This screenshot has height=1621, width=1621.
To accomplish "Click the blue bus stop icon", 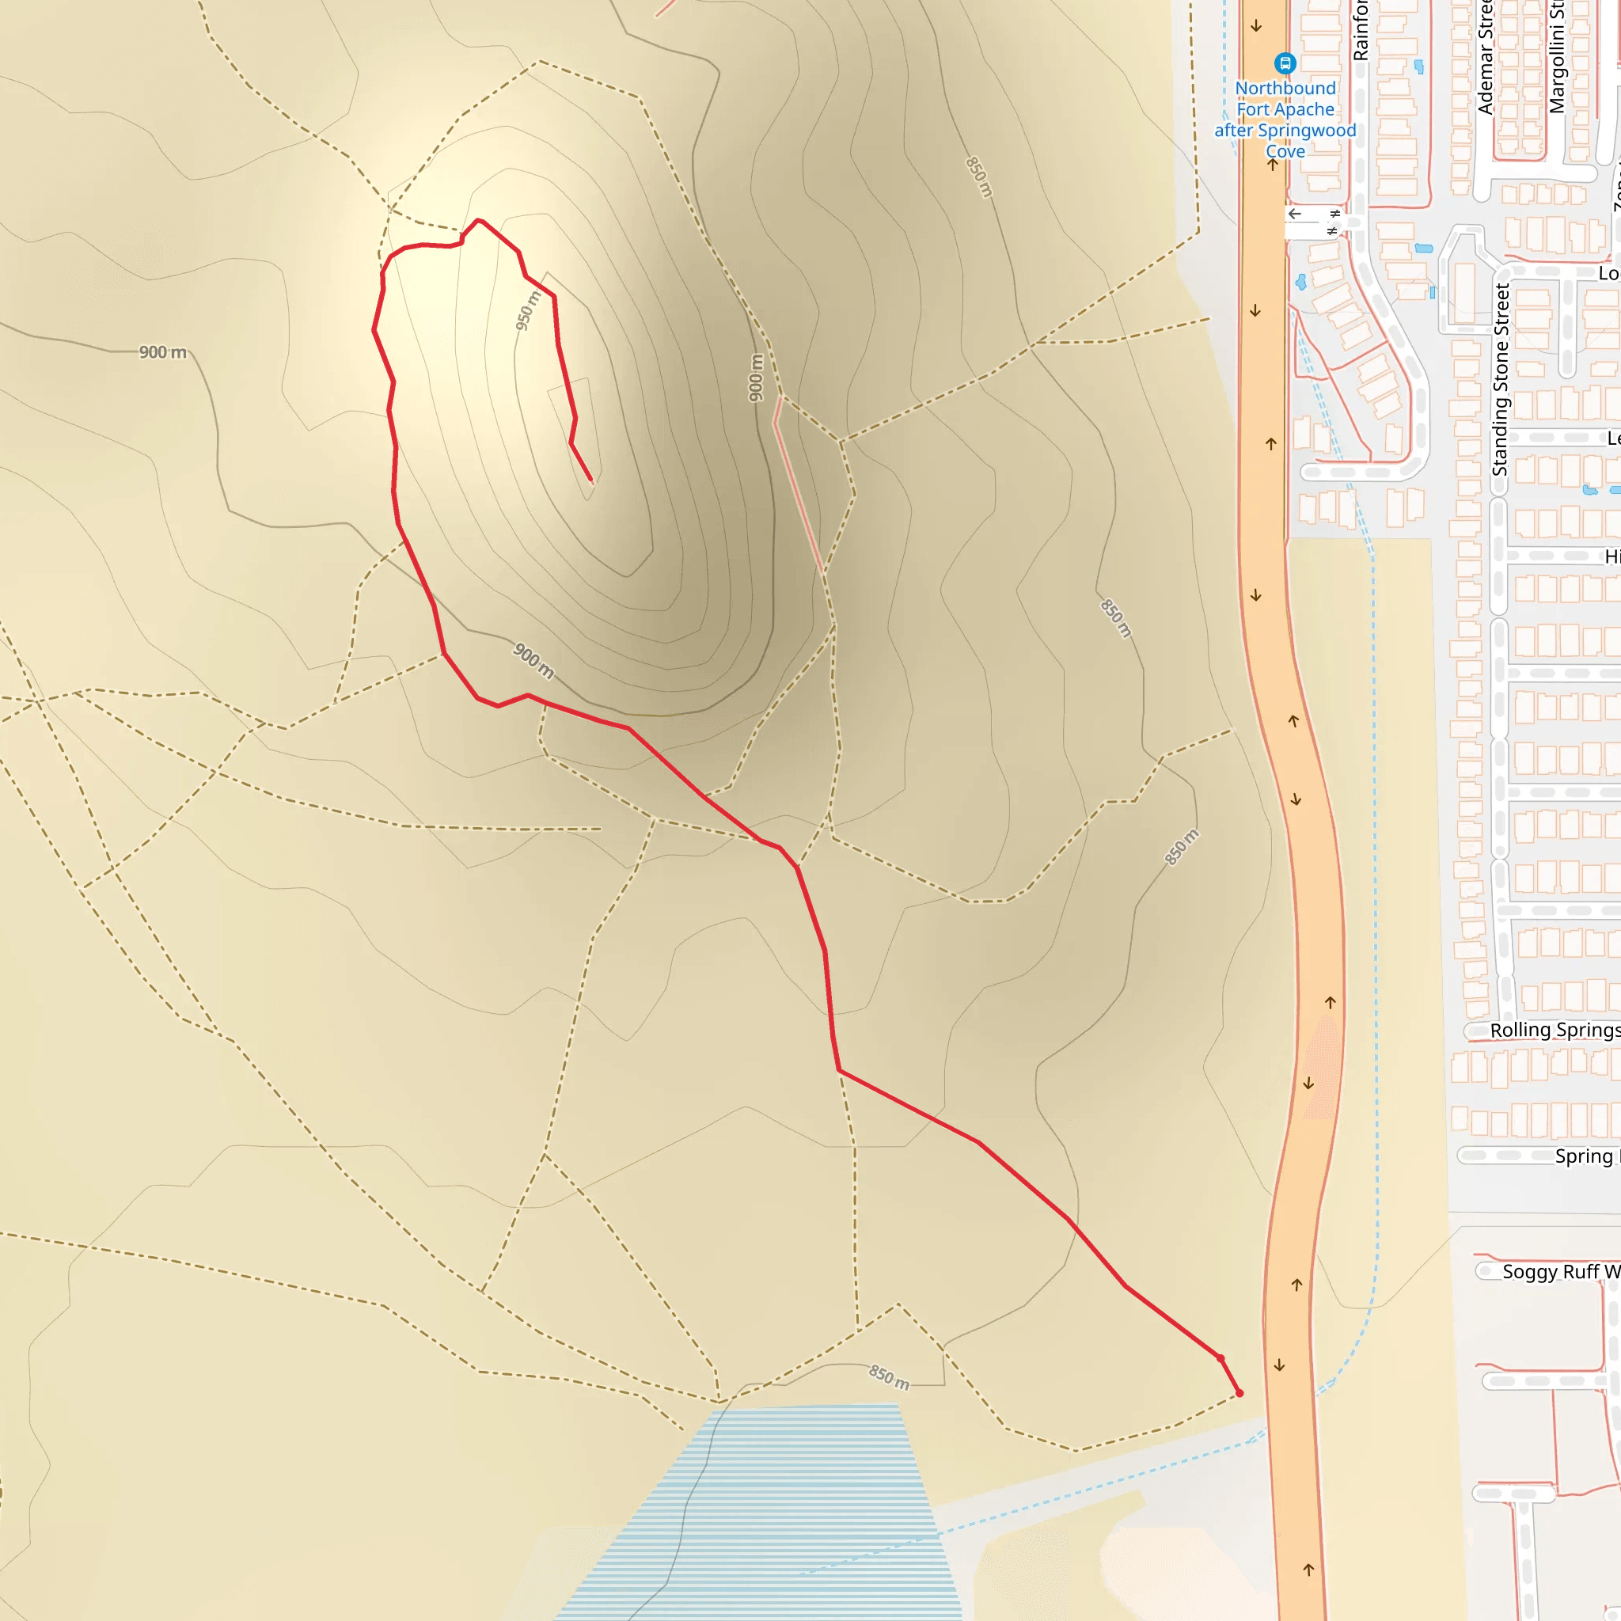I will pos(1285,63).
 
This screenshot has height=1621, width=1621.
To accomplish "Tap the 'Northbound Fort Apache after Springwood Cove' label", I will pos(1285,120).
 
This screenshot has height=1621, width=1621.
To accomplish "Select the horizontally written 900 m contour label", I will pos(163,352).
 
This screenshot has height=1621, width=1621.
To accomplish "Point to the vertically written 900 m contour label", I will pos(756,378).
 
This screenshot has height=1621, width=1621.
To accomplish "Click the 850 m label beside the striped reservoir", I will pos(889,1377).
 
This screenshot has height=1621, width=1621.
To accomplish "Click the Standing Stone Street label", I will pos(1500,379).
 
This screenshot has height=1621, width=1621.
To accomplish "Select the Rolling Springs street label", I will pos(1554,1031).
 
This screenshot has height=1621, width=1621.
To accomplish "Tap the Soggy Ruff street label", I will pos(1560,1272).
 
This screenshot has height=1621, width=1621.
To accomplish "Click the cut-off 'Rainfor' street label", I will pos(1360,32).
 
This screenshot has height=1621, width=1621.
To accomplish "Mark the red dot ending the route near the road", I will pos(1239,1394).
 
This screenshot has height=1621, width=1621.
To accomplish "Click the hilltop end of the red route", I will pos(591,480).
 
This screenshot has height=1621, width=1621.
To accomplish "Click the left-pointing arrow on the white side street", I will pos(1295,214).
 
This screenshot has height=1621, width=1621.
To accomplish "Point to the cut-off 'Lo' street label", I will pos(1608,274).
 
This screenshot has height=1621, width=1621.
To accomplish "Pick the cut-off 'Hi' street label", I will pos(1612,556).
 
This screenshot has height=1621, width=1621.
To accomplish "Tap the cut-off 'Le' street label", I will pos(1612,438).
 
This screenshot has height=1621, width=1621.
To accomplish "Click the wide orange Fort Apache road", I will pos(1296,839).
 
